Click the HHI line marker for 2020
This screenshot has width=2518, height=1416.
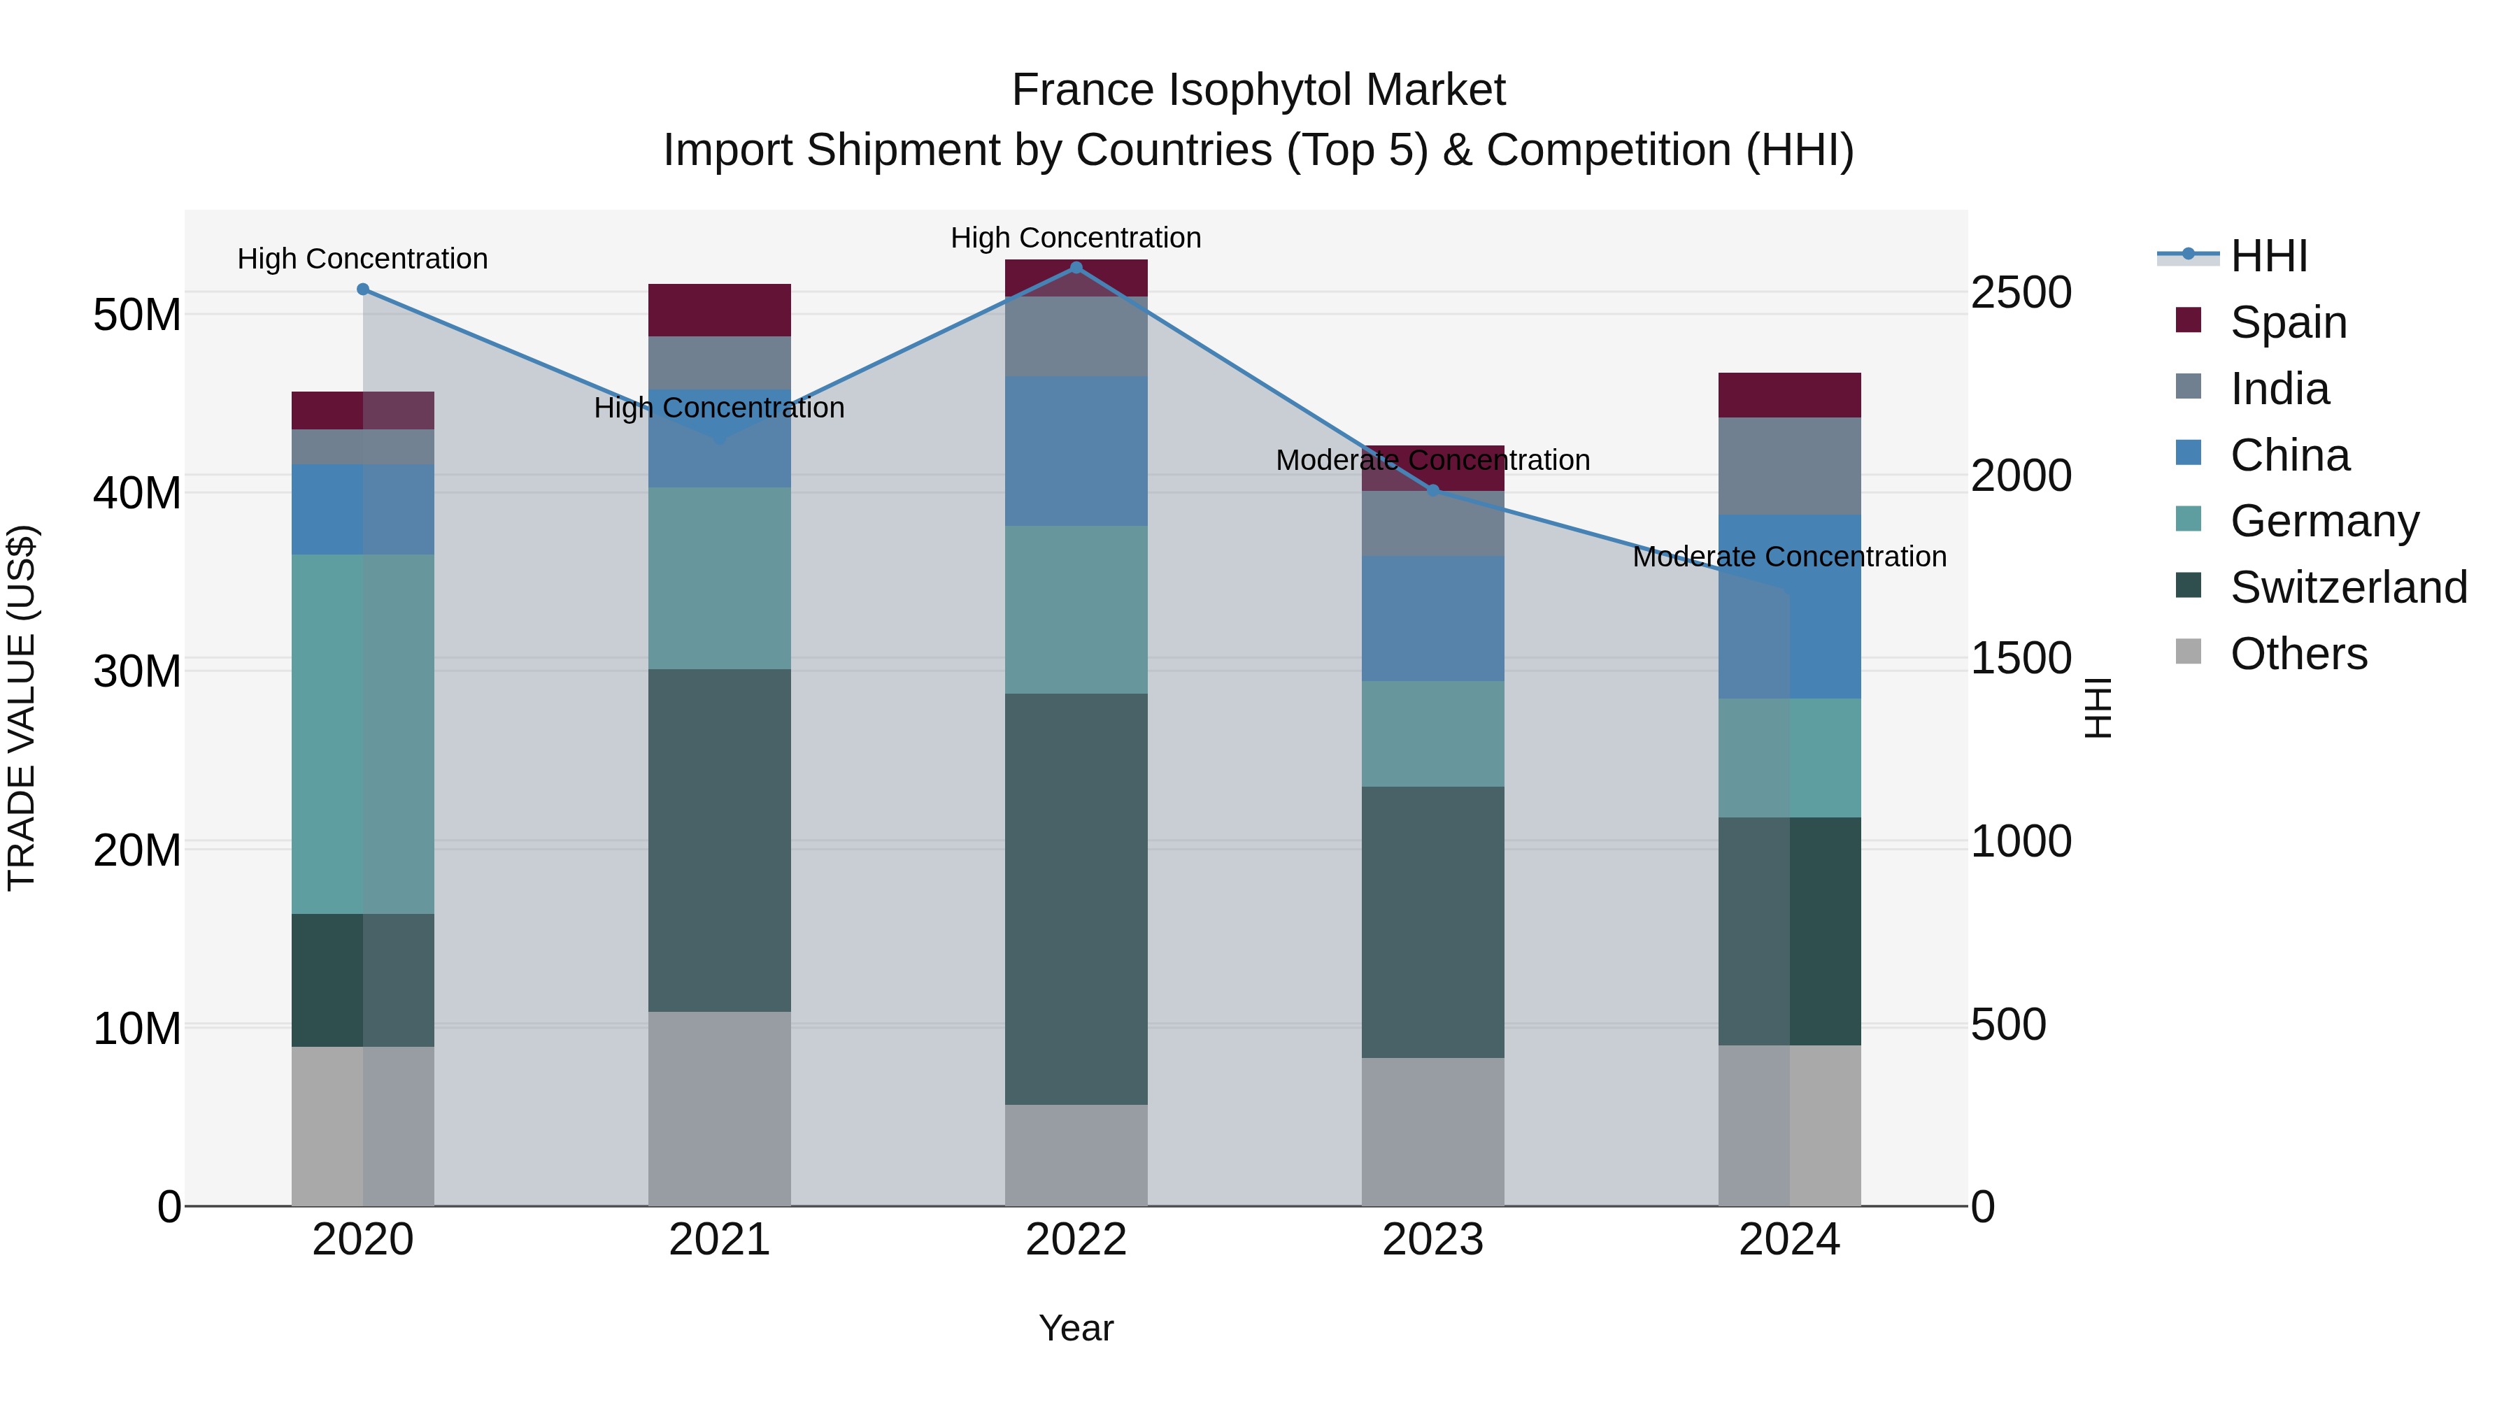click(x=362, y=289)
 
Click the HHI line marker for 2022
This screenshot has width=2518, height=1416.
click(x=1076, y=267)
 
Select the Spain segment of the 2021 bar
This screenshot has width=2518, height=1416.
click(x=720, y=310)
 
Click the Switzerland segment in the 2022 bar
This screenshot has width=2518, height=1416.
click(x=1076, y=899)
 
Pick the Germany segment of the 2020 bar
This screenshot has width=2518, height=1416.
click(x=362, y=734)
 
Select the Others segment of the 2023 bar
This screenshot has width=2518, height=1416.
click(x=1433, y=1131)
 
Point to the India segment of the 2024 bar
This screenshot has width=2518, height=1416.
click(x=1790, y=466)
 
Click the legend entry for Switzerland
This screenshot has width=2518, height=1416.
click(x=2348, y=587)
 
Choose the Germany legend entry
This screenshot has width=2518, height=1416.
click(x=2324, y=521)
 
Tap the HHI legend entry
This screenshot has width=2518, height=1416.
click(x=2268, y=256)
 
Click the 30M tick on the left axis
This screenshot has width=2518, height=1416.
click(x=137, y=671)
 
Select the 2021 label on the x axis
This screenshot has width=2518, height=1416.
click(x=720, y=1240)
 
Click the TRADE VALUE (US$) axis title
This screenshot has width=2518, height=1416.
click(x=22, y=708)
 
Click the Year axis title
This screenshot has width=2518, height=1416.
click(x=1076, y=1328)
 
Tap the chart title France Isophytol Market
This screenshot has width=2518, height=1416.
click(x=1258, y=90)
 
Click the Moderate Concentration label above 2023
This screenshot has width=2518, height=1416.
click(x=1433, y=459)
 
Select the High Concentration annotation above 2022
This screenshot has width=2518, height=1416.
click(x=1076, y=238)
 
